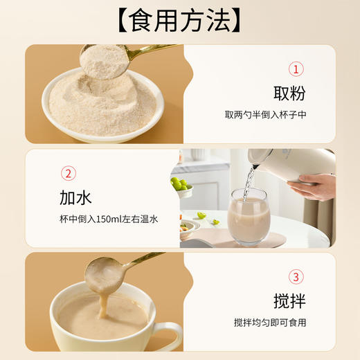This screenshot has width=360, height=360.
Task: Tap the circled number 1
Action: pyautogui.click(x=296, y=69)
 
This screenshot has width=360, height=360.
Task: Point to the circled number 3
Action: pyautogui.click(x=296, y=278)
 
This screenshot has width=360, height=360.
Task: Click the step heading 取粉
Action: pyautogui.click(x=289, y=93)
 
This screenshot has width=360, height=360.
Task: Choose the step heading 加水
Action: pyautogui.click(x=75, y=198)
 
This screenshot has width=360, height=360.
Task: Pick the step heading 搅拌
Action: pyautogui.click(x=289, y=302)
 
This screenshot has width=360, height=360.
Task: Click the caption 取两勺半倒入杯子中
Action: pyautogui.click(x=265, y=114)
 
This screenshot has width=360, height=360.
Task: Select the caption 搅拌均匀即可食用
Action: pyautogui.click(x=269, y=323)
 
